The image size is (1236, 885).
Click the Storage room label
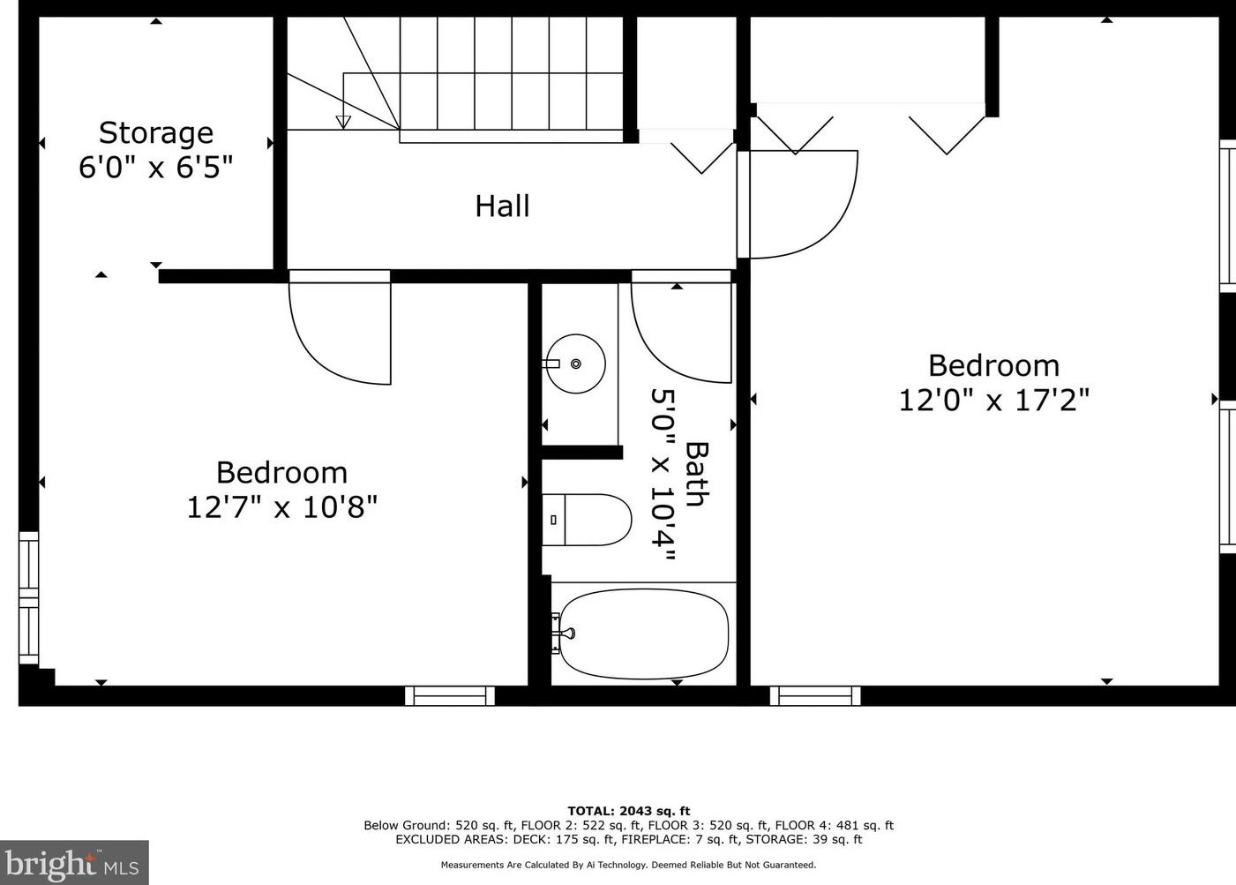pyautogui.click(x=156, y=133)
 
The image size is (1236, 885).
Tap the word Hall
pyautogui.click(x=503, y=206)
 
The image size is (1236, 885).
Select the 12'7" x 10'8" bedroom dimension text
pyautogui.click(x=282, y=507)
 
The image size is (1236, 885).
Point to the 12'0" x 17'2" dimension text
pyautogui.click(x=994, y=401)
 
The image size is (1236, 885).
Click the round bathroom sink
pyautogui.click(x=575, y=364)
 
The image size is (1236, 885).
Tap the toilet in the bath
pyautogui.click(x=587, y=520)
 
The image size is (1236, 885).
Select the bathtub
pyautogui.click(x=643, y=634)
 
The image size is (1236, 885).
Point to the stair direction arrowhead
pyautogui.click(x=343, y=123)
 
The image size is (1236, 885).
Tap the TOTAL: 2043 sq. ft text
pyautogui.click(x=628, y=811)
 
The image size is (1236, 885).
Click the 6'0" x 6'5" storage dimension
pyautogui.click(x=156, y=167)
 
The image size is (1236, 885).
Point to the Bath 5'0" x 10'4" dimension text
pyautogui.click(x=680, y=475)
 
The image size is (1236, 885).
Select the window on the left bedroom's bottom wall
pyautogui.click(x=450, y=696)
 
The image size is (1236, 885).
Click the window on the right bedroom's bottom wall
pyautogui.click(x=815, y=696)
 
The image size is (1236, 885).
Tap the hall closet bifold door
pyautogui.click(x=702, y=158)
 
